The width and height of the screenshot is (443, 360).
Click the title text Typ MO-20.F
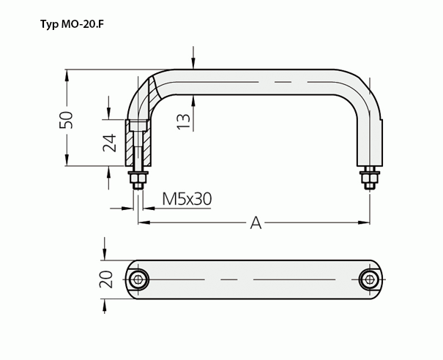point(76,24)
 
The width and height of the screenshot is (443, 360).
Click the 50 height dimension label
point(67,119)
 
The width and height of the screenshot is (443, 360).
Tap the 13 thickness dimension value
point(183,120)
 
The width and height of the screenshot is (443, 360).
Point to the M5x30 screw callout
point(187,198)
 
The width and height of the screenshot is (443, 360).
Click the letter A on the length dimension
point(256,222)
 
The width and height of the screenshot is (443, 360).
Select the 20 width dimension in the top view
point(106,280)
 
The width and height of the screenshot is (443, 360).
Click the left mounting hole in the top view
point(138,279)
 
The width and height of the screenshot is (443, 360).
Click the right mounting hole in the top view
point(370,279)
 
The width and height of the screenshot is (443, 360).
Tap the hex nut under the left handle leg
point(138,179)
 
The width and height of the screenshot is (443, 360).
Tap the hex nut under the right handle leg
point(369,177)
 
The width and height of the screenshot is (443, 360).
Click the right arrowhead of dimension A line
point(364,221)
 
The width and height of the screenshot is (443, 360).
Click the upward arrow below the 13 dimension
point(193,102)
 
